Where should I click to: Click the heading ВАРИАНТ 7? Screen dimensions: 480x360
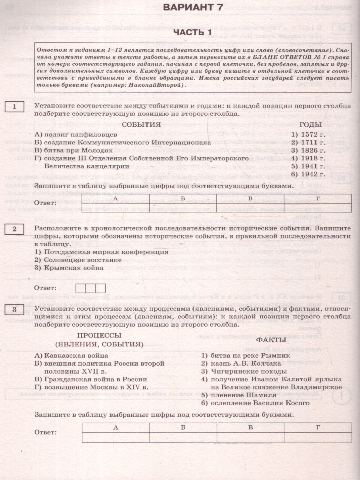coord(193,8)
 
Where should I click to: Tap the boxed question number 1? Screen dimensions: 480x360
coord(14,107)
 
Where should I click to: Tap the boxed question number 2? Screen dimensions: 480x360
coord(14,229)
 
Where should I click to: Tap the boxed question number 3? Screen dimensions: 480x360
coord(14,310)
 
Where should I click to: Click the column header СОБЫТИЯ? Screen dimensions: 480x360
coord(141,124)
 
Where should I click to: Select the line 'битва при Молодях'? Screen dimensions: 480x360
coord(74,150)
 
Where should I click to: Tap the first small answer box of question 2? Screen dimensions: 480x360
coord(80,288)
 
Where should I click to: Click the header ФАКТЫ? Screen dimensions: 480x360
coord(271,340)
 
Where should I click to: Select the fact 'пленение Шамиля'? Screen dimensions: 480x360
coord(239,395)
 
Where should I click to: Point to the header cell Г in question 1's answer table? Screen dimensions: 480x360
coord(318,198)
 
